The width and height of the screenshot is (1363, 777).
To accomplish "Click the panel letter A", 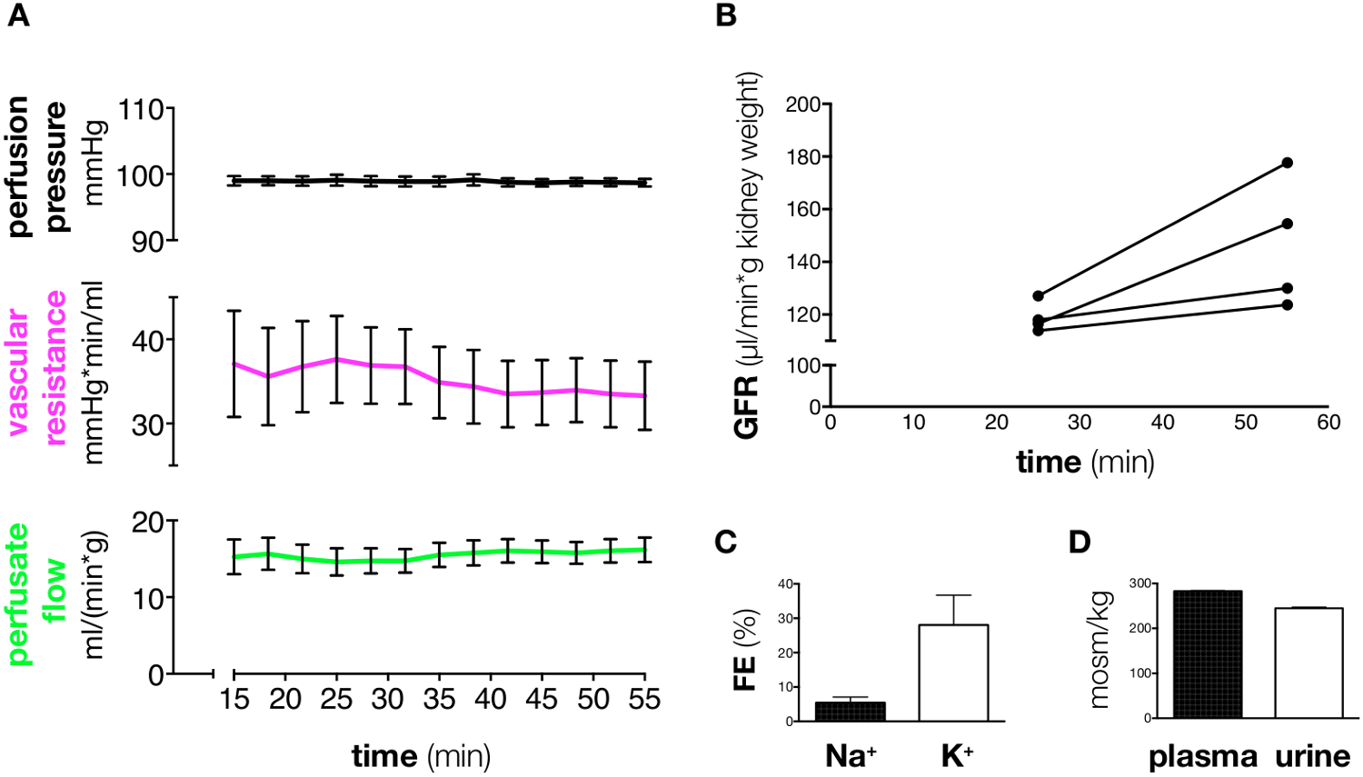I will pos(18,16).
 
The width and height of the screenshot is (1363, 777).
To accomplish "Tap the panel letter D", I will pos(1079,542).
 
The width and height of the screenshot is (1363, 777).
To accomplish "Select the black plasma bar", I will pos(1208,654).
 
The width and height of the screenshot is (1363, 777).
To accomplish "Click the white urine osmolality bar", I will pos(1308,662).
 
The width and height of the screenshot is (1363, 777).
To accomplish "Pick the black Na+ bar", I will pos(851,712).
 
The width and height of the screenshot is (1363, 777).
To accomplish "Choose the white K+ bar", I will pos(953,672).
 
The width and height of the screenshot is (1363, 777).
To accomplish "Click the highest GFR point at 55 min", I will pos(1287,163).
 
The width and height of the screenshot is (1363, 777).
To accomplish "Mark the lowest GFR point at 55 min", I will pos(1287,304).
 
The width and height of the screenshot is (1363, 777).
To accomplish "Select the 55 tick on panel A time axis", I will pos(644,699).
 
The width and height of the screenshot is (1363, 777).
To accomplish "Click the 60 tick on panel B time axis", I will pos(1328,423).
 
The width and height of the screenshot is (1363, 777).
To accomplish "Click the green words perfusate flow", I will pos(38,593).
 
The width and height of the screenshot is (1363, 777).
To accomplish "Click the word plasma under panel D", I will pos(1202,756).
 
